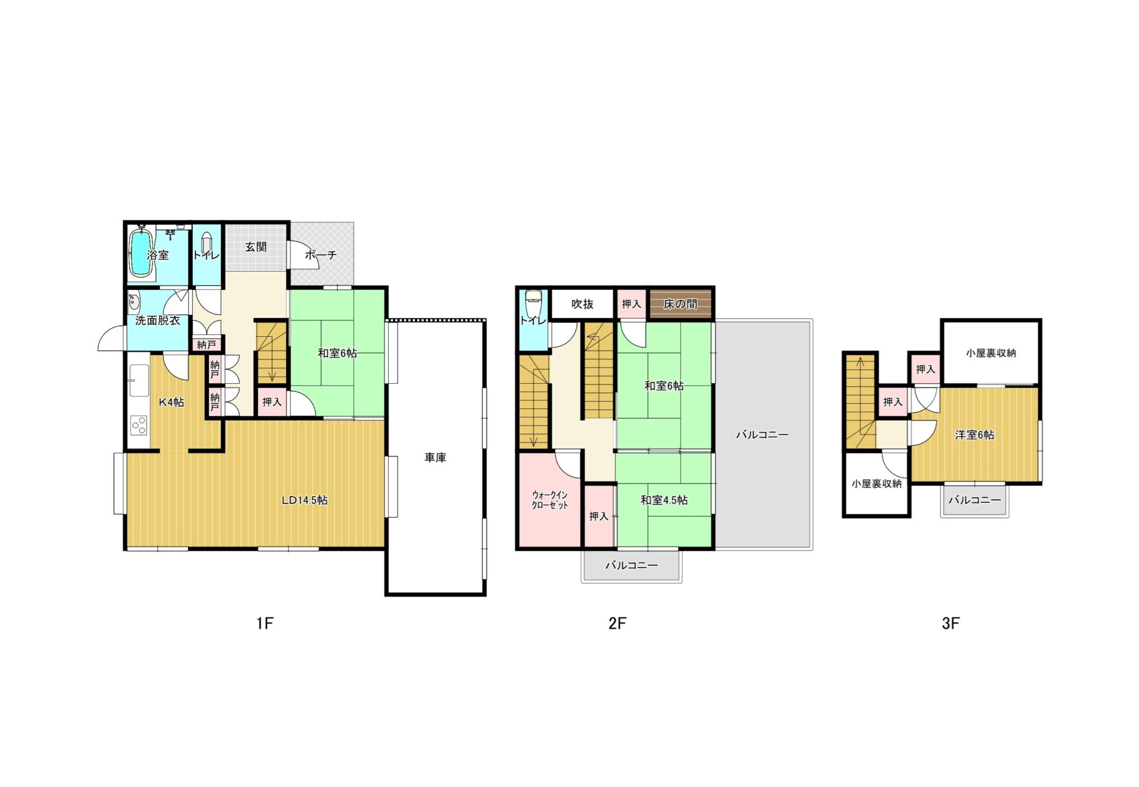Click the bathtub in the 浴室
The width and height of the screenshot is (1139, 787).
(x=141, y=254)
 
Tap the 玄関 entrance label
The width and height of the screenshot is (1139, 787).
(x=256, y=247)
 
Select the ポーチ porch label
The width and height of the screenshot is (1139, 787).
(x=320, y=255)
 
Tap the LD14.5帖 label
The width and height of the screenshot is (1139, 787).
(x=304, y=500)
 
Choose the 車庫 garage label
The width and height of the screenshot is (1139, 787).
(x=435, y=457)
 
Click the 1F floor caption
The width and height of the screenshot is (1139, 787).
(x=265, y=623)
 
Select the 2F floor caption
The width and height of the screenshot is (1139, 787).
(x=617, y=623)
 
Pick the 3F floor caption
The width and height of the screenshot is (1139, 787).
(x=950, y=623)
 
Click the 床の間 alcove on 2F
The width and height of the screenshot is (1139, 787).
(x=680, y=304)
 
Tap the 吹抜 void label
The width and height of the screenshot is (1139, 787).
(x=582, y=304)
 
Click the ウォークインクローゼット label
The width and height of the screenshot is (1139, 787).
(x=550, y=500)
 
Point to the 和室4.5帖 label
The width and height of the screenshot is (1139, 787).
(x=664, y=500)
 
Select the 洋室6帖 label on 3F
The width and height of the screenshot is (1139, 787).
(x=974, y=435)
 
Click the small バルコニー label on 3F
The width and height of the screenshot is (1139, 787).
(x=974, y=500)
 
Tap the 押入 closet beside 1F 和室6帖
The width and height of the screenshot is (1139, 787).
(x=272, y=402)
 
